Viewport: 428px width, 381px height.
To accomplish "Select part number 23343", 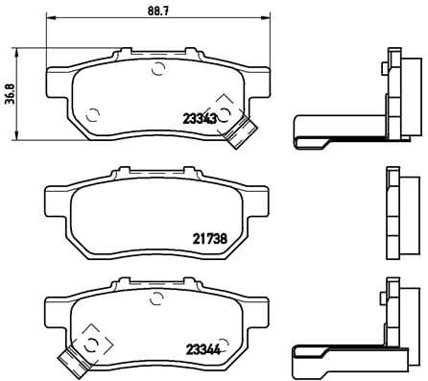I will pos(199,119).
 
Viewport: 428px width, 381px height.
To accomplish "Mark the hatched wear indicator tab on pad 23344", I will pos(70,360).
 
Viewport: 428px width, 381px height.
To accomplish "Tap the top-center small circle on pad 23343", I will pos(159,68).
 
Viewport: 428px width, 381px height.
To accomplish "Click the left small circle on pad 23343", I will pos(92,114).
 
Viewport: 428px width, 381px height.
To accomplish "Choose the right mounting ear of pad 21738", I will pos(263,202).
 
